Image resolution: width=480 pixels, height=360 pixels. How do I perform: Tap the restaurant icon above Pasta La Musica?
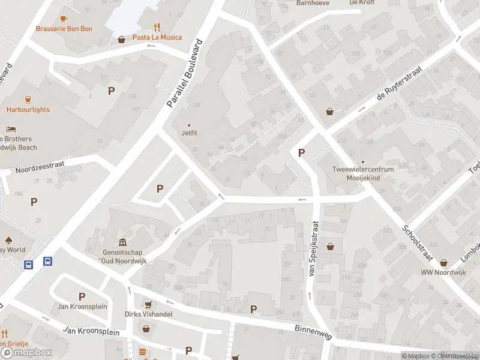[157, 26]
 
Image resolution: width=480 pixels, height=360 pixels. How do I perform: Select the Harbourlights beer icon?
[28, 100]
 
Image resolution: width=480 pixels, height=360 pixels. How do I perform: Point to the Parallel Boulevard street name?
[185, 74]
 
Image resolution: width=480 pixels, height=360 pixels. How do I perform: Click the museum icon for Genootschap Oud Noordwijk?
[123, 242]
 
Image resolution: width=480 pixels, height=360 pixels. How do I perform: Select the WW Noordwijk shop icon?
[444, 262]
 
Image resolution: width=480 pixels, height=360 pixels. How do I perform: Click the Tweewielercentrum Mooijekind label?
[363, 173]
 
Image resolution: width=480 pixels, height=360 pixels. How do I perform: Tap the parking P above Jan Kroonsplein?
[82, 296]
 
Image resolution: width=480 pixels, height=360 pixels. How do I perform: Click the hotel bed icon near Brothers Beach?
[11, 129]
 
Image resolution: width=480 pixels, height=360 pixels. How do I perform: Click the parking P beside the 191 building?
[111, 91]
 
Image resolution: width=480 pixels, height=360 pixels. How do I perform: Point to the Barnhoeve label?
[313, 3]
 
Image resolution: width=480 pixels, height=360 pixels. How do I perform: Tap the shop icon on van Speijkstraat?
[330, 246]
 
